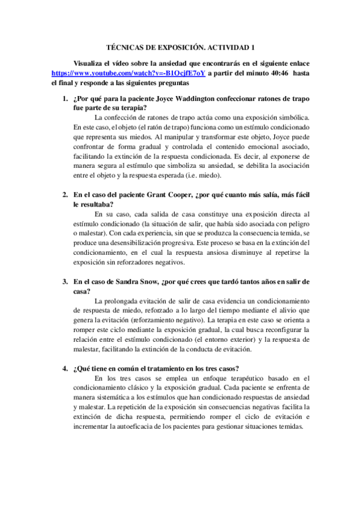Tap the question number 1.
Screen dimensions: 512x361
pyautogui.click(x=65, y=98)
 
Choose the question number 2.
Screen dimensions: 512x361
pyautogui.click(x=65, y=195)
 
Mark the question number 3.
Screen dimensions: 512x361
pyautogui.click(x=65, y=282)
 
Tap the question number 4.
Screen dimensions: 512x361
pyautogui.click(x=65, y=369)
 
